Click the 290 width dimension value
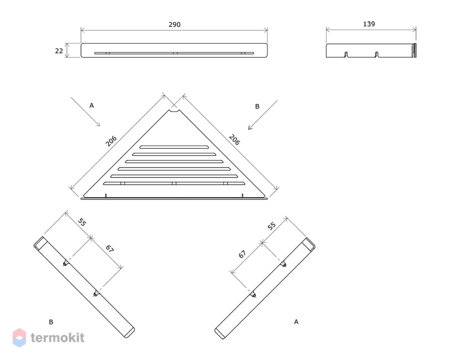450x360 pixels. tap(174, 24)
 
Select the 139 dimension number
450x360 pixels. tap(369, 24)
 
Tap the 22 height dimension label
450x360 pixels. tap(59, 51)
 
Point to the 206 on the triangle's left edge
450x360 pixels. tap(111, 141)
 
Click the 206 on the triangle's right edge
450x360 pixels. tap(234, 139)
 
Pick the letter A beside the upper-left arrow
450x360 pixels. tap(91, 105)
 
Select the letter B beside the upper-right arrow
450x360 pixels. tap(257, 106)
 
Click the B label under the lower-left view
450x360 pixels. tap(51, 322)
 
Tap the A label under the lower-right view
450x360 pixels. tap(296, 322)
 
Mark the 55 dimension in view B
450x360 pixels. tap(82, 222)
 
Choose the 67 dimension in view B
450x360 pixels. tap(109, 248)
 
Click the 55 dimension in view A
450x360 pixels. tap(271, 226)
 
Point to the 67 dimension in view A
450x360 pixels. tap(242, 254)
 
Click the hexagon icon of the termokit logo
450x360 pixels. tap(19, 337)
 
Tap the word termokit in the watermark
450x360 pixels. tap(57, 337)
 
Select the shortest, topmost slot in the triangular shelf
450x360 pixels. tap(174, 147)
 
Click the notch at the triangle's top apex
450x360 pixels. tap(174, 110)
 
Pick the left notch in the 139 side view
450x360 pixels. tap(346, 54)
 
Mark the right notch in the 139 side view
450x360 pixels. tap(376, 54)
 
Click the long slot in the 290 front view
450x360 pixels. tap(174, 53)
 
